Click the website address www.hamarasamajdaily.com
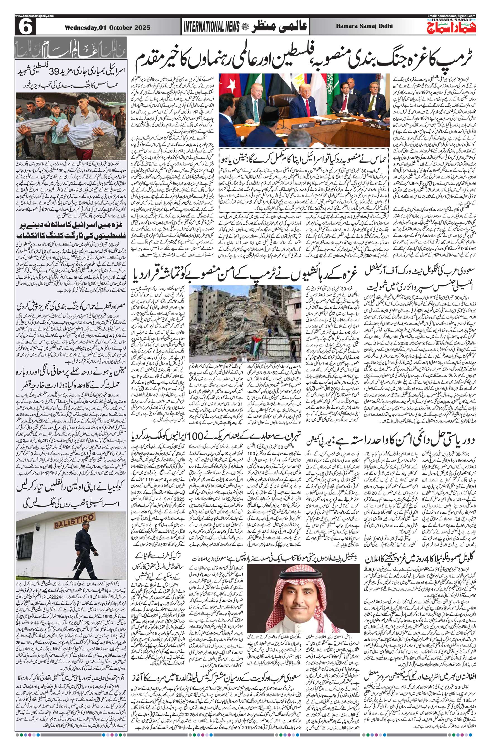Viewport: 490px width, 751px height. [34, 16]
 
